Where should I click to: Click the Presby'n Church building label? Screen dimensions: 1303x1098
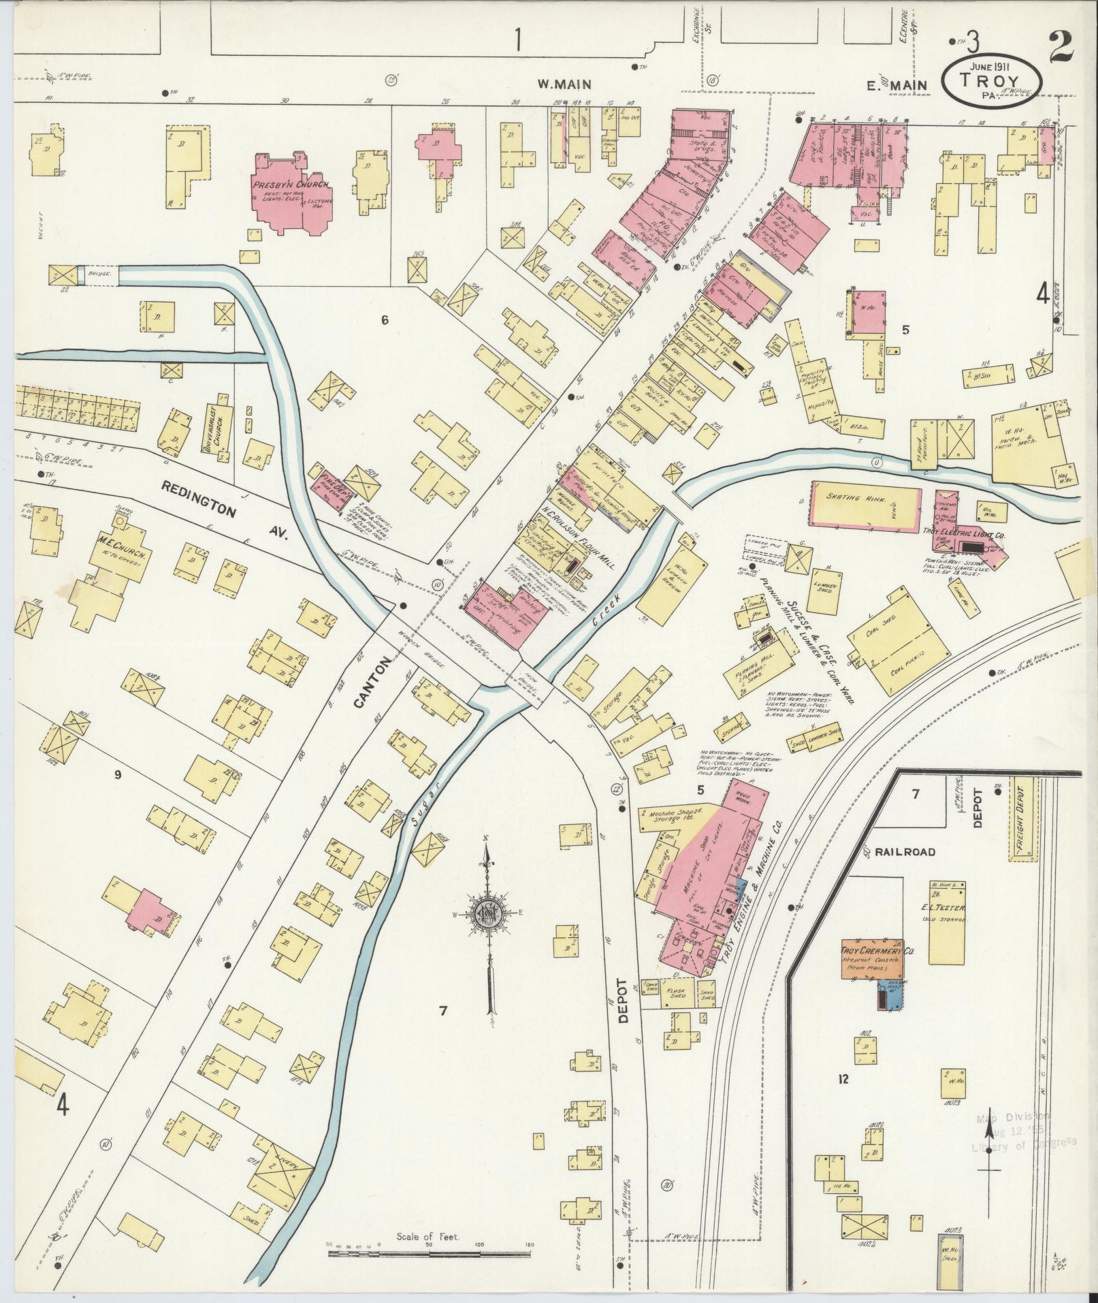click(291, 185)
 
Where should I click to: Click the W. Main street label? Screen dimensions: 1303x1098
click(564, 84)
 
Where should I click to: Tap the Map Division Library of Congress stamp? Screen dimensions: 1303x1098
click(1023, 1135)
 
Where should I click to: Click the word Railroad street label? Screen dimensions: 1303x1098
click(905, 851)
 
